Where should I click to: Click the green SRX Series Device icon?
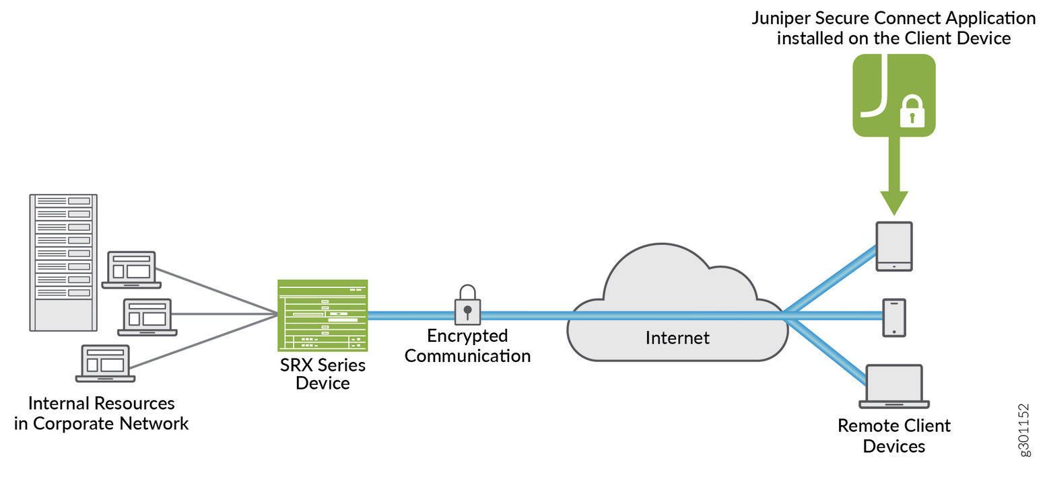(x=323, y=315)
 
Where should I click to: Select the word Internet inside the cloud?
(x=677, y=338)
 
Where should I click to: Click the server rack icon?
(x=63, y=262)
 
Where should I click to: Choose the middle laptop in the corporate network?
(x=147, y=317)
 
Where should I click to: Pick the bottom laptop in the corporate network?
(x=105, y=363)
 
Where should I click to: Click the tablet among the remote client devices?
(x=894, y=246)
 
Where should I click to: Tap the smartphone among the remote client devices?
(x=894, y=318)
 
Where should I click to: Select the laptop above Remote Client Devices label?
(x=894, y=386)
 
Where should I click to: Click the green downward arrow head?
(x=894, y=200)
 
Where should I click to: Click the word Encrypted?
(x=467, y=336)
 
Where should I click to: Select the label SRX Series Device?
(x=323, y=374)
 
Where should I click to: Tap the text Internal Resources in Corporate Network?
(x=101, y=413)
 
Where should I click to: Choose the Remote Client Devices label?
(x=894, y=435)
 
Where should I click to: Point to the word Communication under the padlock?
(x=467, y=355)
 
